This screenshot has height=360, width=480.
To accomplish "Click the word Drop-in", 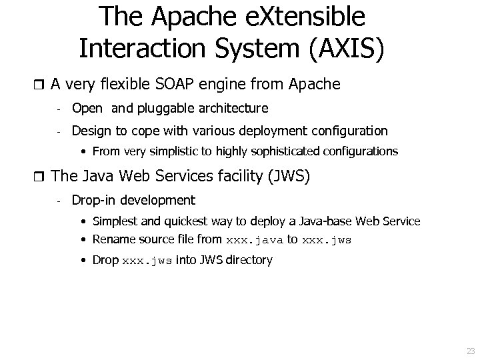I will [x=93, y=200].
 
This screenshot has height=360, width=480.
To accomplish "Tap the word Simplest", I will [x=115, y=221].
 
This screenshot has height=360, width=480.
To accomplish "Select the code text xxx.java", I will [x=255, y=240].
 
